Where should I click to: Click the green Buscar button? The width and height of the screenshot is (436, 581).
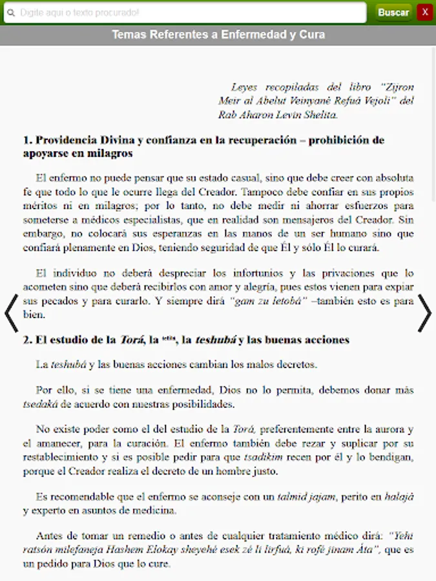[x=393, y=12]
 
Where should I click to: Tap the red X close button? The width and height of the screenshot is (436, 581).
[x=424, y=12]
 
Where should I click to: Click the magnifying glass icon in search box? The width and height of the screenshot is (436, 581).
[x=11, y=12]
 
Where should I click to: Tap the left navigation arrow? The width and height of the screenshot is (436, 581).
[x=12, y=313]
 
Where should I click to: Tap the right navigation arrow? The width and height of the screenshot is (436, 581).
[x=424, y=313]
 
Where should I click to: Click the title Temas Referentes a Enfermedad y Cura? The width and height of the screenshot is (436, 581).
[x=218, y=34]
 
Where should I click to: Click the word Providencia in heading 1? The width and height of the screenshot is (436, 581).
[x=67, y=139]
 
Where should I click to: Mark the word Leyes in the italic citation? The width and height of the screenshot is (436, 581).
[x=244, y=87]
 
